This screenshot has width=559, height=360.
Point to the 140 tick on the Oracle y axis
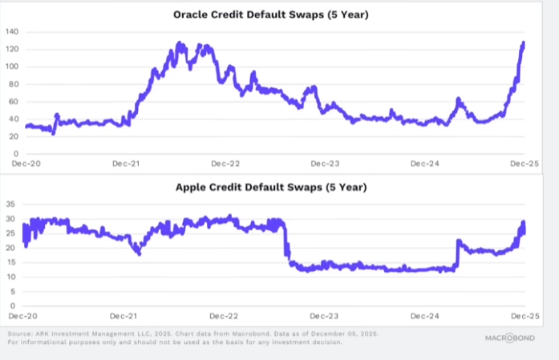[x=12, y=31]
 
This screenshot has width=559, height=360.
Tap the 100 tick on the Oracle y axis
[x=12, y=67]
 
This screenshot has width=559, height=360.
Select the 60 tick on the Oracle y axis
[x=14, y=102]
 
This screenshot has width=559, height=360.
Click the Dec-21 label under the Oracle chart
[x=125, y=164]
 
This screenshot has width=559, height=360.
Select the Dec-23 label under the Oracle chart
[x=324, y=164]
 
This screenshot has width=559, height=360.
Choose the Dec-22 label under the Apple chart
[x=225, y=316]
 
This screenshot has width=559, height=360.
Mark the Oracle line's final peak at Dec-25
[x=524, y=43]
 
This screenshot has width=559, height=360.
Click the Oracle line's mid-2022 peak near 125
[x=180, y=45]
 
